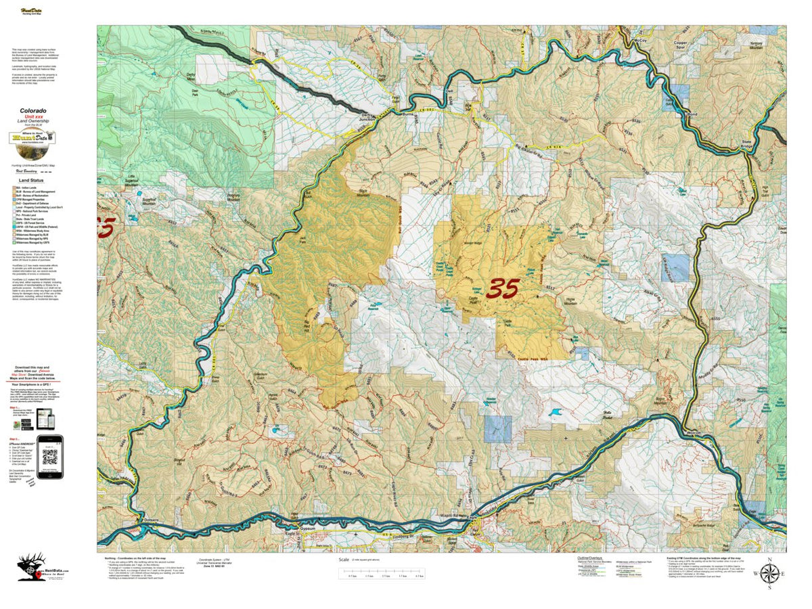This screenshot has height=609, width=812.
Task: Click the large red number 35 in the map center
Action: (x=513, y=289)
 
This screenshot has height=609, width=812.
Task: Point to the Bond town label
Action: (x=692, y=115)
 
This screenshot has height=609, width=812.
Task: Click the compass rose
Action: (x=769, y=574)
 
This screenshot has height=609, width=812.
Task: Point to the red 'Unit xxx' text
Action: (x=32, y=116)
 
